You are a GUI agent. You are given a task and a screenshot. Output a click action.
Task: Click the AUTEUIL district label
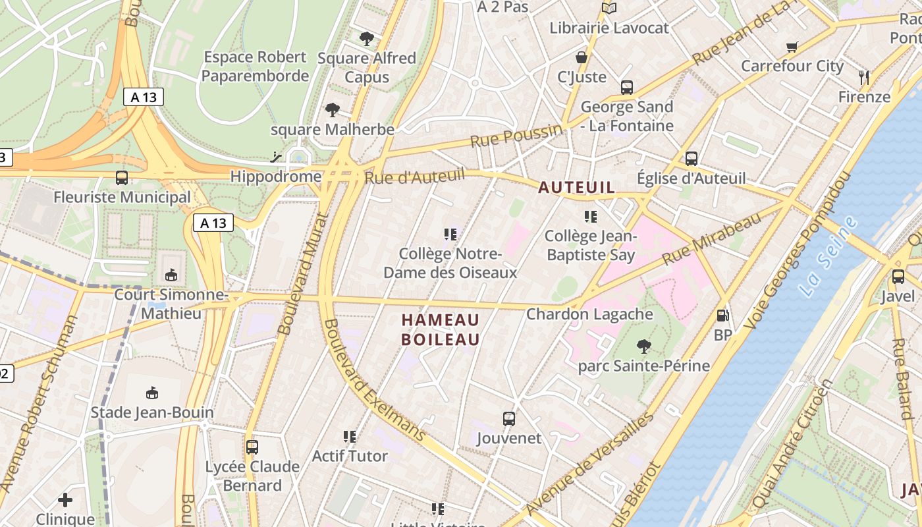click(x=576, y=188)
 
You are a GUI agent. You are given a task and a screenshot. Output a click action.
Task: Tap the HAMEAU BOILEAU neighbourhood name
click(x=441, y=329)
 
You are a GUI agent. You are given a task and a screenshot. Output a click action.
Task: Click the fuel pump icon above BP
click(x=722, y=316)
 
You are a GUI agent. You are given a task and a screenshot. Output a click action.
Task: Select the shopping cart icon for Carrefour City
click(x=792, y=47)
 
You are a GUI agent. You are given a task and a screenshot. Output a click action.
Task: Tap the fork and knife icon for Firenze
click(x=864, y=78)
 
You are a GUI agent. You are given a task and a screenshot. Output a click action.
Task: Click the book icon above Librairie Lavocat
click(x=609, y=8)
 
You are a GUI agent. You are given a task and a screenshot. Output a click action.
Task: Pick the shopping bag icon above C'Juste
click(x=581, y=57)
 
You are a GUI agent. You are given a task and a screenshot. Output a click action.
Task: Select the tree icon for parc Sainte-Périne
click(x=643, y=346)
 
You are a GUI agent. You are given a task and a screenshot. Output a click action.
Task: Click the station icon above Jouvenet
click(x=508, y=418)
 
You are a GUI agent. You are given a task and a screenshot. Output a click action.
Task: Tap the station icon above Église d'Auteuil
click(x=691, y=158)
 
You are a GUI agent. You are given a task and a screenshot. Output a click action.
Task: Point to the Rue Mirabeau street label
click(x=711, y=238)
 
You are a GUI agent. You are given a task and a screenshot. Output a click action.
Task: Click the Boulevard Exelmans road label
click(x=375, y=382)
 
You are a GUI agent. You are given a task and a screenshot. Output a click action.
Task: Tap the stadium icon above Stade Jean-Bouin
click(x=152, y=393)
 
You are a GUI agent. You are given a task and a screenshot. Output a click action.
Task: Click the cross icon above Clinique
click(x=65, y=500)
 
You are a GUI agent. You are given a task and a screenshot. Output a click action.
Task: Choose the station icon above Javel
click(x=898, y=277)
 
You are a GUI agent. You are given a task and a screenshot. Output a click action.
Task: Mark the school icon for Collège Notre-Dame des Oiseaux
click(x=450, y=234)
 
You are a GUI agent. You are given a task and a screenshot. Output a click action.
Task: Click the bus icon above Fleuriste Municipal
click(x=122, y=177)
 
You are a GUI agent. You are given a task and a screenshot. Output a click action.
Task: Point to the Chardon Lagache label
click(x=589, y=314)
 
